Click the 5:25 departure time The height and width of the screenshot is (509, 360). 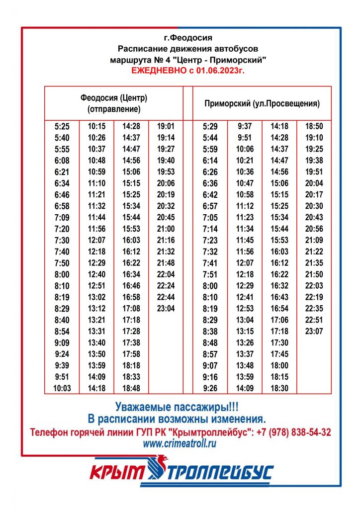pos(62,126)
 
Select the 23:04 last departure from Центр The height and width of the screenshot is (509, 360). pos(166,308)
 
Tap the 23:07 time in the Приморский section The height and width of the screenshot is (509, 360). pos(314,332)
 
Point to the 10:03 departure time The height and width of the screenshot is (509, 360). pos(62,388)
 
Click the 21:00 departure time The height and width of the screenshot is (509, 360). pos(166,229)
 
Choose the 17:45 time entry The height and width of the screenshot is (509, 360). pos(279,354)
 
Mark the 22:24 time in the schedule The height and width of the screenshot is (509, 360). pos(166,286)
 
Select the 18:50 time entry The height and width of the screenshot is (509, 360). pos(314,126)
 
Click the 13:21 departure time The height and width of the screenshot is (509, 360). pos(96,320)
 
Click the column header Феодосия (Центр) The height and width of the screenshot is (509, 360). pos(114,98)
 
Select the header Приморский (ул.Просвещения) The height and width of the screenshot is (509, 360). pos(262,104)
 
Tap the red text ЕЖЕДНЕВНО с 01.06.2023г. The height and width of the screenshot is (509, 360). pos(188,71)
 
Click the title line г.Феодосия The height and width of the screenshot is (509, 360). pos(188,38)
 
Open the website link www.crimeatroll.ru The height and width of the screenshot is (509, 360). pos(180,444)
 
